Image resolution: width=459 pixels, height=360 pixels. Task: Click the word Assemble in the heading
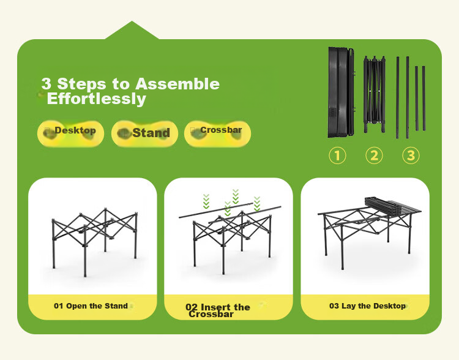tap(177, 84)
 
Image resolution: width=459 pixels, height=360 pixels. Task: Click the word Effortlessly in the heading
tap(96, 99)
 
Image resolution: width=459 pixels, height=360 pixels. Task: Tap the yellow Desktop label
tap(70, 133)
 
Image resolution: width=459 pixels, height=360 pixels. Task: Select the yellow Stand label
tap(144, 133)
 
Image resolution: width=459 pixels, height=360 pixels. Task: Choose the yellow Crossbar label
tap(217, 133)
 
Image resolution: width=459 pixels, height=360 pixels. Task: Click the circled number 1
tap(337, 156)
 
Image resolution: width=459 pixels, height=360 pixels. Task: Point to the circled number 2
tap(374, 156)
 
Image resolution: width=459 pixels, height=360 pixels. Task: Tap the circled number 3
tap(411, 156)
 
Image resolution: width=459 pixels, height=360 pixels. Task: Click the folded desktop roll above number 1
tap(341, 92)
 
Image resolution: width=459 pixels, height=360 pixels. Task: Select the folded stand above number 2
tap(375, 94)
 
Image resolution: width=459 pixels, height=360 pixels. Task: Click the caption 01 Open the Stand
tap(91, 306)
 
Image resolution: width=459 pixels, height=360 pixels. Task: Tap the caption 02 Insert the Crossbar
tap(218, 311)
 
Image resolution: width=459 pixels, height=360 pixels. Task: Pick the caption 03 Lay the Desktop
tap(367, 306)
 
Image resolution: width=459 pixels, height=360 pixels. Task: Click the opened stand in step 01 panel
tap(94, 242)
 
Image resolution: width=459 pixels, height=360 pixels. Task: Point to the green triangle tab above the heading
tap(132, 30)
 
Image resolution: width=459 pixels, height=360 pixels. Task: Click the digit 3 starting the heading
tap(47, 84)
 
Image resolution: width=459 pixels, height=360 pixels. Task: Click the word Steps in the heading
tap(81, 84)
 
